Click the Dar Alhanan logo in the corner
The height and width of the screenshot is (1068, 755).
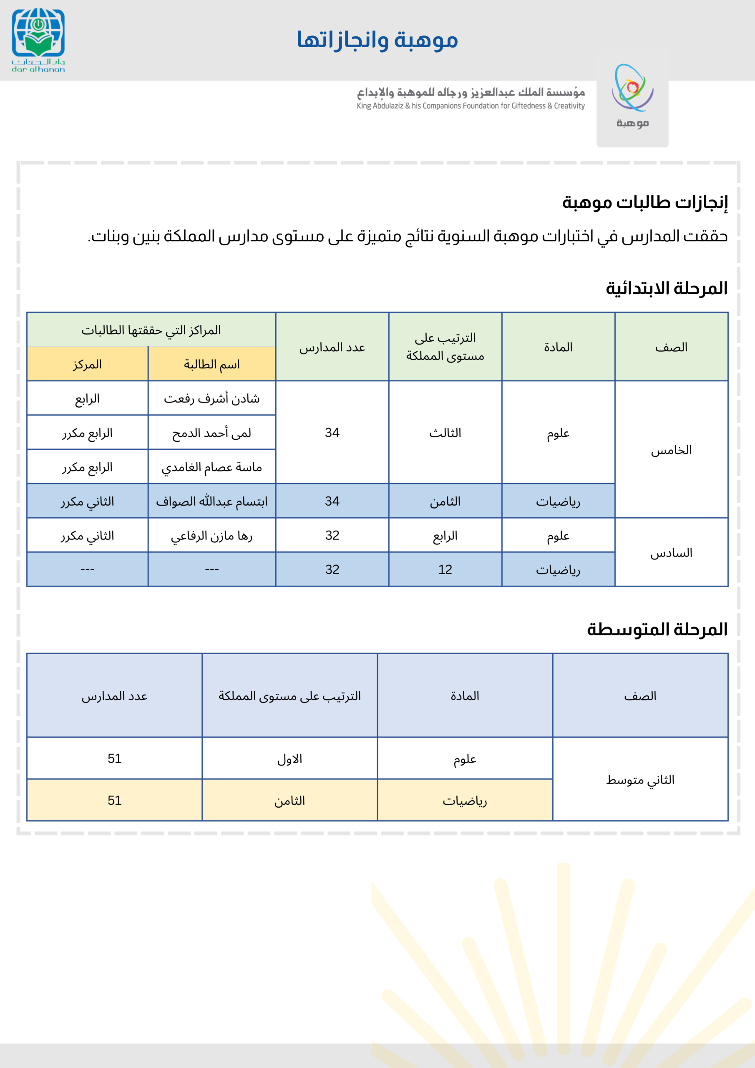38,40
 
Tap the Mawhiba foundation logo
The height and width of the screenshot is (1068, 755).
632,97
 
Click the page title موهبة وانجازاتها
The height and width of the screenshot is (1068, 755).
377,40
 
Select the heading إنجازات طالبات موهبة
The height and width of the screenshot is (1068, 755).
645,202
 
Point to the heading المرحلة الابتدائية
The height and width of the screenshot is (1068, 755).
666,288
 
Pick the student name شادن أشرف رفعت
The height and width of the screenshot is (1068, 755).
211,399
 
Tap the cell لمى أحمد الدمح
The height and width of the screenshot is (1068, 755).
211,433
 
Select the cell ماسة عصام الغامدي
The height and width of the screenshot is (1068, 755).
211,467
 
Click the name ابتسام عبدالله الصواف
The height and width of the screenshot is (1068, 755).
211,501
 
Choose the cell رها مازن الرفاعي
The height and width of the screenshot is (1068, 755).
211,536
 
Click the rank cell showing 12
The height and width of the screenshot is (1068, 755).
445,570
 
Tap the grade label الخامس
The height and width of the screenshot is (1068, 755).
671,450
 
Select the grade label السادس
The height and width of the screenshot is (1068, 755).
671,553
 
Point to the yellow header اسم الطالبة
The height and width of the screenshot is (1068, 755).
211,364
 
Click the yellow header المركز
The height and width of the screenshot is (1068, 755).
88,364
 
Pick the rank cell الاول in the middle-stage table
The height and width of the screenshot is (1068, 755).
290,759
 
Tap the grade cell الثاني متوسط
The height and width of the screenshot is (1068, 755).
640,780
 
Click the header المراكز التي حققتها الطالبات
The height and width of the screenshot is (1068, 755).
151,330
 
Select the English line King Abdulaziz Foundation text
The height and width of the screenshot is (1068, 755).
470,106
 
